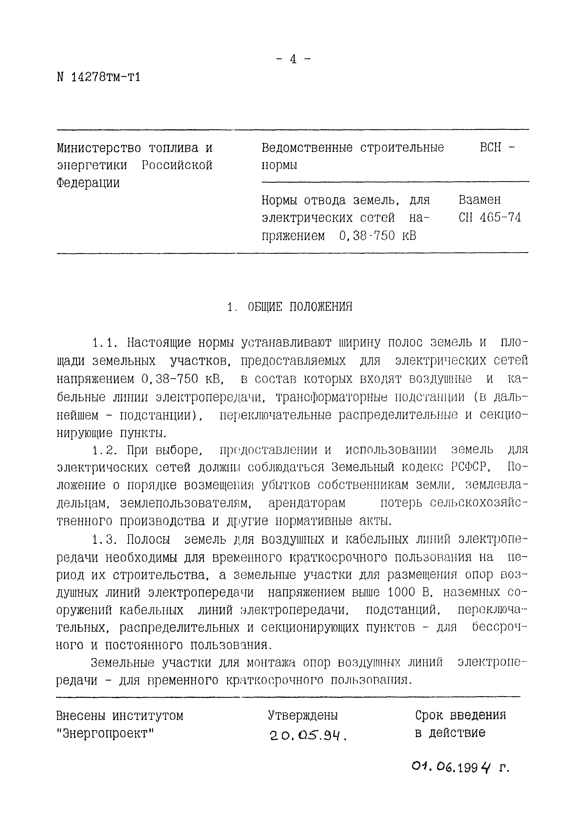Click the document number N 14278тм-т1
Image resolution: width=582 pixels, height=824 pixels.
coord(98,77)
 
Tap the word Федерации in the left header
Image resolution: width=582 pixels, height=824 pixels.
coord(88,183)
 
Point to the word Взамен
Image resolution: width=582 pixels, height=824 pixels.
coord(479,200)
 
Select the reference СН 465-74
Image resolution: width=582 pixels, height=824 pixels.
coord(489,218)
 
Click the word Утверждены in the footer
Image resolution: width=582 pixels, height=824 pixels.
coord(303,716)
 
